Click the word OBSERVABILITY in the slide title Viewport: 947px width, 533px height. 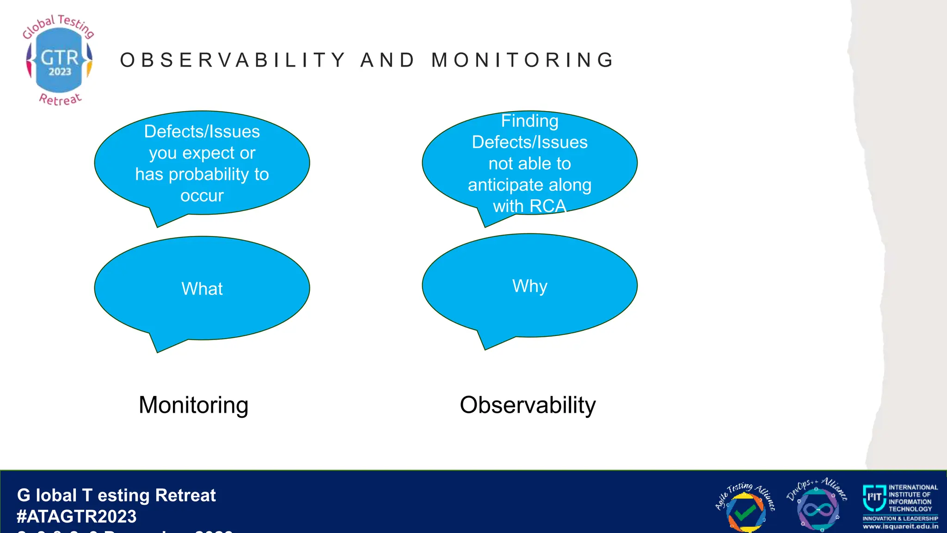point(233,60)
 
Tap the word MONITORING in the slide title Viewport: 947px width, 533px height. point(523,60)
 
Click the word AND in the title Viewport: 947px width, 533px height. point(387,60)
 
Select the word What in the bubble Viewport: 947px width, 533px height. point(202,289)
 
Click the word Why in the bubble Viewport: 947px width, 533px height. point(529,286)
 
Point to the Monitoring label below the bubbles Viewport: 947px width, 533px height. point(193,405)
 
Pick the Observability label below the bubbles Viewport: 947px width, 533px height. point(528,405)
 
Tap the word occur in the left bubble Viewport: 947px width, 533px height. point(202,196)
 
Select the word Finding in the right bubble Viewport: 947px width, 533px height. point(529,121)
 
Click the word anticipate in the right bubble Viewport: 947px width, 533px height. point(506,185)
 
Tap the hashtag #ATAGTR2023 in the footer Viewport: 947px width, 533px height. point(77,516)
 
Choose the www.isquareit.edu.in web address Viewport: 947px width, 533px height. point(900,527)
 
